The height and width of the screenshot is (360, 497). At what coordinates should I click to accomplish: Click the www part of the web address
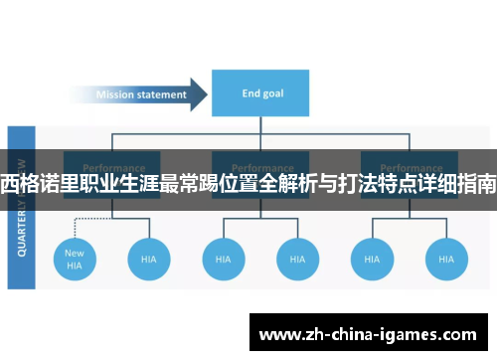coord(277,334)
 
